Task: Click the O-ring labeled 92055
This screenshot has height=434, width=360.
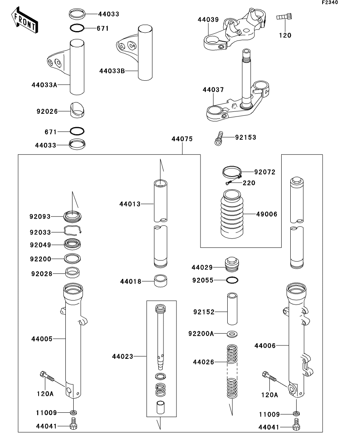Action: pos(232,280)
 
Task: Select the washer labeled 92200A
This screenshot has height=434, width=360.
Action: pos(233,334)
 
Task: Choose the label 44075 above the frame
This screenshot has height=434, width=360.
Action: pos(182,139)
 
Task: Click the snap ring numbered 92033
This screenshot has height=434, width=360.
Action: pos(72,233)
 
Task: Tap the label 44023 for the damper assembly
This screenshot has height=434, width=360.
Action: pos(122,356)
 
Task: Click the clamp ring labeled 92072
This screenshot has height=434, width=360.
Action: pos(232,172)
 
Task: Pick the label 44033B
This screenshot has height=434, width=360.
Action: pos(112,71)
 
